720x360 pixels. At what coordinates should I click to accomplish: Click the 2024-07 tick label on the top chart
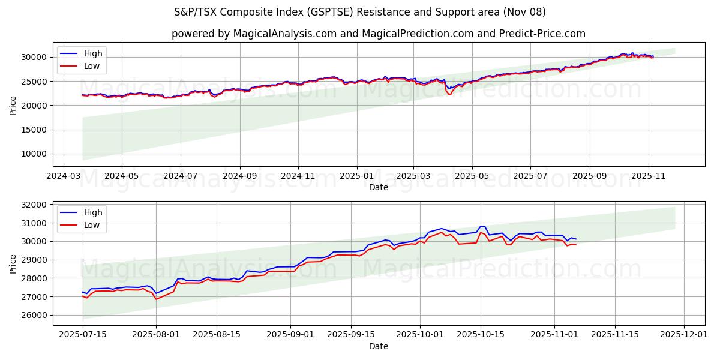pos(180,176)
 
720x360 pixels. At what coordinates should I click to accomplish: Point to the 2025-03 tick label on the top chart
pos(413,176)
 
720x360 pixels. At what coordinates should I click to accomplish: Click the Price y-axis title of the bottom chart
pos(13,263)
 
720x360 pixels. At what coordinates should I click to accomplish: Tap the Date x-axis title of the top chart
pos(379,187)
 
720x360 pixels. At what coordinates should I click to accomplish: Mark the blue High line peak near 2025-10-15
pos(481,226)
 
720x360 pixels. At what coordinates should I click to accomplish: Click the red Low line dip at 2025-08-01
pos(157,299)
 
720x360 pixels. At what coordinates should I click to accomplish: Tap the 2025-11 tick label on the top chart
pos(648,176)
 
